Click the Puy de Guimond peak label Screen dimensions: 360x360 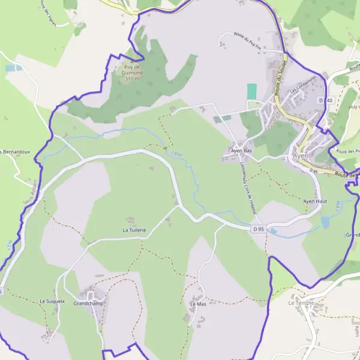[x=131, y=69]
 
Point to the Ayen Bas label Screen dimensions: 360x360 [x=241, y=151]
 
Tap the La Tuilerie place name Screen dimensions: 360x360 [x=134, y=230]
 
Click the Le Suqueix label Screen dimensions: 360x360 [x=52, y=301]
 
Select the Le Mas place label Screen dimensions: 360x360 [x=198, y=304]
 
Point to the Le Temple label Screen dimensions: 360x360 [x=300, y=303]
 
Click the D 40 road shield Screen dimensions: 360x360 [x=326, y=100]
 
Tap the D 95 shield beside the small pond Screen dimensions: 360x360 [x=258, y=229]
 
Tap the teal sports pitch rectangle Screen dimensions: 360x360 [x=252, y=92]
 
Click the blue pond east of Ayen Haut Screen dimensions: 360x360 [x=325, y=223]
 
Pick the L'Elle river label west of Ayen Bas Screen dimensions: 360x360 [x=177, y=154]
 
